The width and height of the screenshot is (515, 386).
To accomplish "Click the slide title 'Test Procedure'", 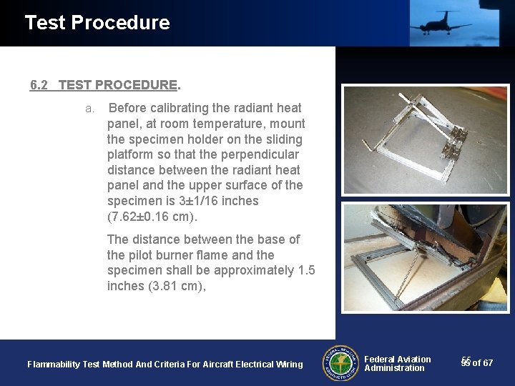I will coord(97,23).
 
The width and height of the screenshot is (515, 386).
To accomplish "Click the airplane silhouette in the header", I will coord(440,23).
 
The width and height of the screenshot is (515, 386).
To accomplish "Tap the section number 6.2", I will coord(39,85).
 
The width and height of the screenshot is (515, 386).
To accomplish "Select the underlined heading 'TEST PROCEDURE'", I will coord(118,85).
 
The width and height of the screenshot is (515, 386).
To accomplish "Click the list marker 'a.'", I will coord(90,109).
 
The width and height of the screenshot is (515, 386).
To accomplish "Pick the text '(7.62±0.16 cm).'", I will coord(152,217).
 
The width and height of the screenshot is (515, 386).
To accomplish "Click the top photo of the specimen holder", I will coord(415,139).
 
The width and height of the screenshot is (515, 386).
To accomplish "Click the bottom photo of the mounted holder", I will coord(415,257).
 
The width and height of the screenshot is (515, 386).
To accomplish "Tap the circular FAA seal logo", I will coord(340,364).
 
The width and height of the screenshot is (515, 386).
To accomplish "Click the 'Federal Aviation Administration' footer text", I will coord(397,364).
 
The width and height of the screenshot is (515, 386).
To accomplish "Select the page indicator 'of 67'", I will coord(482,363).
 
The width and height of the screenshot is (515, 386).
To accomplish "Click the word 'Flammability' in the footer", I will coord(54,365).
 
